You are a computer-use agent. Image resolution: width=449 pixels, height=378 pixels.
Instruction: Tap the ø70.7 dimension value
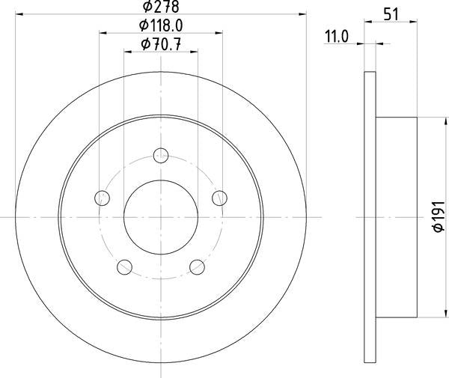(x=160, y=45)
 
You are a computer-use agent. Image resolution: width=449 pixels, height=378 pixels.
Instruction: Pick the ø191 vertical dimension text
(x=439, y=218)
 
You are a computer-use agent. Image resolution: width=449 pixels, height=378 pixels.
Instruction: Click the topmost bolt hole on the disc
(x=161, y=156)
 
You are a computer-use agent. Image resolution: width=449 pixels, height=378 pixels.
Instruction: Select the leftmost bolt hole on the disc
(x=103, y=198)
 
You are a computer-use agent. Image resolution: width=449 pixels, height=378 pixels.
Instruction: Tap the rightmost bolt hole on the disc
(x=219, y=198)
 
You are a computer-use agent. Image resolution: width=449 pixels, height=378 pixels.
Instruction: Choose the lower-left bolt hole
(x=125, y=266)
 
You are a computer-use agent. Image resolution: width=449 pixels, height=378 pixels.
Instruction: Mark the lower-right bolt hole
(x=197, y=266)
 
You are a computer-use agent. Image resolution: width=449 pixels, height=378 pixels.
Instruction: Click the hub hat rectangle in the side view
(x=396, y=217)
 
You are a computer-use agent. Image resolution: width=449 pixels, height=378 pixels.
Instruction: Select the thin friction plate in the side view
(x=369, y=217)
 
